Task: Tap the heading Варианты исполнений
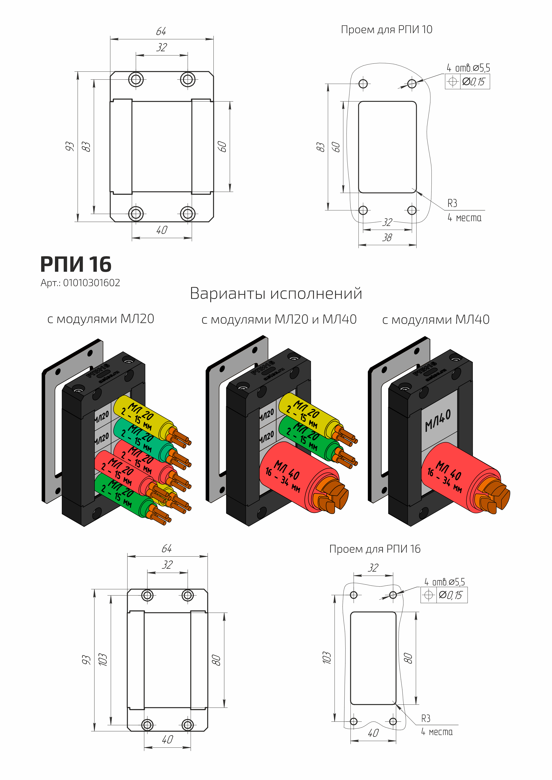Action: point(276,293)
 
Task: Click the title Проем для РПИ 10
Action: point(386,30)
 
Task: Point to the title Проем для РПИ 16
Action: point(375,549)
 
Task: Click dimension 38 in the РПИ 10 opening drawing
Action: point(387,237)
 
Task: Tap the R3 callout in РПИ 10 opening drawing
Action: point(452,203)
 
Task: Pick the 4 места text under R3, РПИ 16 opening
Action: point(437,732)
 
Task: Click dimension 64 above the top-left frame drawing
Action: point(161,32)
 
